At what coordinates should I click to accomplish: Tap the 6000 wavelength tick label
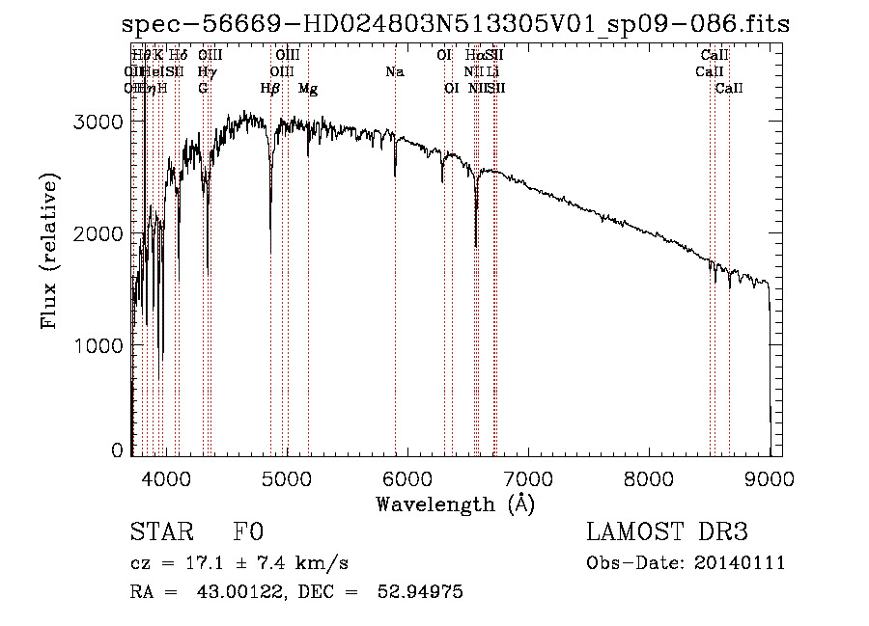(407, 477)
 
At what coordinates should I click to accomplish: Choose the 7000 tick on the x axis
(528, 477)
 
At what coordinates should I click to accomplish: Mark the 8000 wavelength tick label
(649, 477)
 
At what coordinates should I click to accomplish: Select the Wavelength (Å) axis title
(455, 504)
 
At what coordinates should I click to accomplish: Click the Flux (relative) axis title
(49, 251)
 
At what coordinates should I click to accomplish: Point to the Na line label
(394, 72)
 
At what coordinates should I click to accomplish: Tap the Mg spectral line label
(308, 89)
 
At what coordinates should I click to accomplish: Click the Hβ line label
(270, 89)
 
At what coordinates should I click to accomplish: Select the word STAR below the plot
(157, 532)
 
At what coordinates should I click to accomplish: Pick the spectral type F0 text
(248, 532)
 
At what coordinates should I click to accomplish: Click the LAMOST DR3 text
(666, 532)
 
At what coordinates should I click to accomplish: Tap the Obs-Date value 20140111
(740, 563)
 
